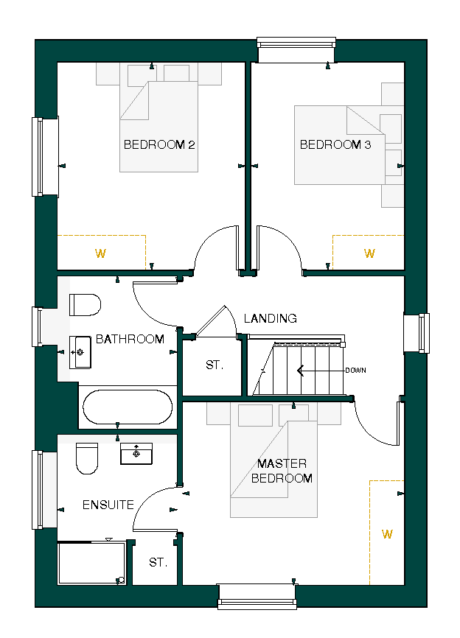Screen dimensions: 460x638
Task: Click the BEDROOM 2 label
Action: click(x=159, y=144)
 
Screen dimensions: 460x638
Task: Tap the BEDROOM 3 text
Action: click(x=335, y=144)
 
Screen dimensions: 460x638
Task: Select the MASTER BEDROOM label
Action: click(x=282, y=471)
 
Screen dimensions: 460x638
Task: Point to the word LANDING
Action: click(x=271, y=318)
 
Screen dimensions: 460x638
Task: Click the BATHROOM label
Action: click(x=130, y=339)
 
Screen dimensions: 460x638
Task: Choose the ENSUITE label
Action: click(x=108, y=505)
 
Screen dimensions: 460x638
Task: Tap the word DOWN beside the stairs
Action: click(x=355, y=371)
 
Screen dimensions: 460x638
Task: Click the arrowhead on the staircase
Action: click(x=301, y=371)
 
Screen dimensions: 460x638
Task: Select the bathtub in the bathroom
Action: click(x=128, y=407)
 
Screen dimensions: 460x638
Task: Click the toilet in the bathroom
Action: click(x=85, y=305)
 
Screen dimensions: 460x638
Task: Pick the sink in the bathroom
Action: click(x=80, y=352)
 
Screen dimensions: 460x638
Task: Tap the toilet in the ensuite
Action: click(x=87, y=458)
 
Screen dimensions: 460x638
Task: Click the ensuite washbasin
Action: click(x=136, y=454)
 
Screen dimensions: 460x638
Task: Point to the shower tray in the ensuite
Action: click(x=91, y=563)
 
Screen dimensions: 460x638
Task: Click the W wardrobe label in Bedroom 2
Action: click(x=100, y=253)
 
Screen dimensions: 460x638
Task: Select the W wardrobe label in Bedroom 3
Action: click(x=369, y=253)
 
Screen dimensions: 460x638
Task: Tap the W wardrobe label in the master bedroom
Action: click(x=387, y=534)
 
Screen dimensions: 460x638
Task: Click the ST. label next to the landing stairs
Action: click(x=215, y=365)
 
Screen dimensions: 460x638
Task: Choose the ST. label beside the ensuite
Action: click(x=158, y=562)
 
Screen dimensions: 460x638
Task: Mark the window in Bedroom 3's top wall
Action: click(x=296, y=49)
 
